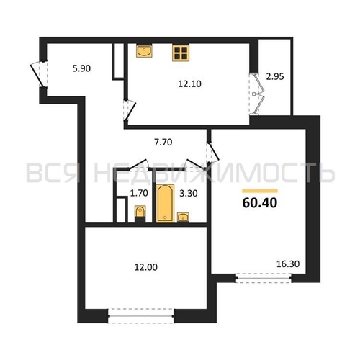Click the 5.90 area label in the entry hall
click(x=81, y=68)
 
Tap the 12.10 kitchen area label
click(x=189, y=84)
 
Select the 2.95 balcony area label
click(x=275, y=76)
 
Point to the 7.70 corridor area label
click(x=163, y=142)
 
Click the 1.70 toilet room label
click(x=139, y=193)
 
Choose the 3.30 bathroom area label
click(x=189, y=193)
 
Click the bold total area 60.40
click(x=260, y=203)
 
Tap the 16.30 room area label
click(x=288, y=264)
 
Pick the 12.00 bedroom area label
click(x=146, y=267)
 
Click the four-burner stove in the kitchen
click(x=181, y=53)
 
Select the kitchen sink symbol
click(x=144, y=51)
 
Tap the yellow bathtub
click(x=165, y=203)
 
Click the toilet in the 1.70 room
click(x=140, y=214)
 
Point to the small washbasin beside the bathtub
click(x=183, y=217)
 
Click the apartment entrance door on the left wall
click(x=39, y=74)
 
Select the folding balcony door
click(x=258, y=94)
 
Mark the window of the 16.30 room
click(x=264, y=278)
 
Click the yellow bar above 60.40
click(x=260, y=191)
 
